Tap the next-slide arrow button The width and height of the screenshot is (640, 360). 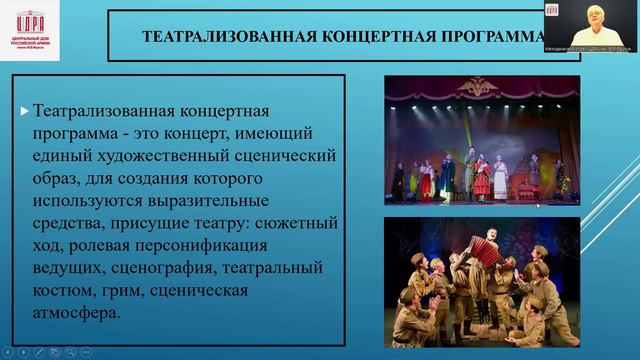[x=23, y=351]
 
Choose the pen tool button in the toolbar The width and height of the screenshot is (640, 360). [x=39, y=351]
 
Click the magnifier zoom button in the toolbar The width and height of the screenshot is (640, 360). [x=70, y=351]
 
